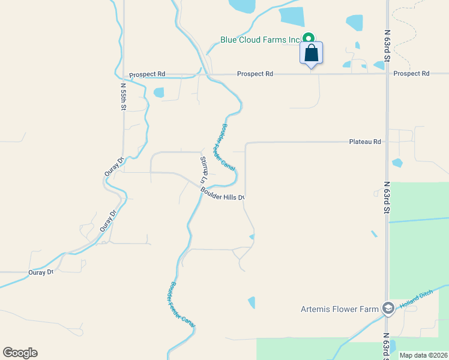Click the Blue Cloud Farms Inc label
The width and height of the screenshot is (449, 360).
coord(259,40)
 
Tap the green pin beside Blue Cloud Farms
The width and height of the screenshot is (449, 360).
coord(309,37)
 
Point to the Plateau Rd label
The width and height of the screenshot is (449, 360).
coord(365,142)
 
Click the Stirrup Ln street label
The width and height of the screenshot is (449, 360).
coord(203,169)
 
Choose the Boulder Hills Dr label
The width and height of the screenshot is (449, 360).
coord(222,194)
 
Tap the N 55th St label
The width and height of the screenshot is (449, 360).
coord(123,96)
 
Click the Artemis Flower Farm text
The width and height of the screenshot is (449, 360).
coord(339,310)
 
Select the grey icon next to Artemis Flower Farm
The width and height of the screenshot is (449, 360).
coord(388,308)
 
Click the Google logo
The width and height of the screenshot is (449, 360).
coord(20,353)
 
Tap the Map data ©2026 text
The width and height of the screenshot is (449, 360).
coord(423,355)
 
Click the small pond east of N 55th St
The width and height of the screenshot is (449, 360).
coord(158,92)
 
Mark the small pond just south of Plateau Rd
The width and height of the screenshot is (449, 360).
coord(397,163)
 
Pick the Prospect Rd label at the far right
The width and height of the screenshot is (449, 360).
coord(411,73)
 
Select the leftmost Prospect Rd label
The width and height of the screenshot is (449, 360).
coord(147,74)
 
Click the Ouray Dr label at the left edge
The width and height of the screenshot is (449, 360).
coord(41,272)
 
